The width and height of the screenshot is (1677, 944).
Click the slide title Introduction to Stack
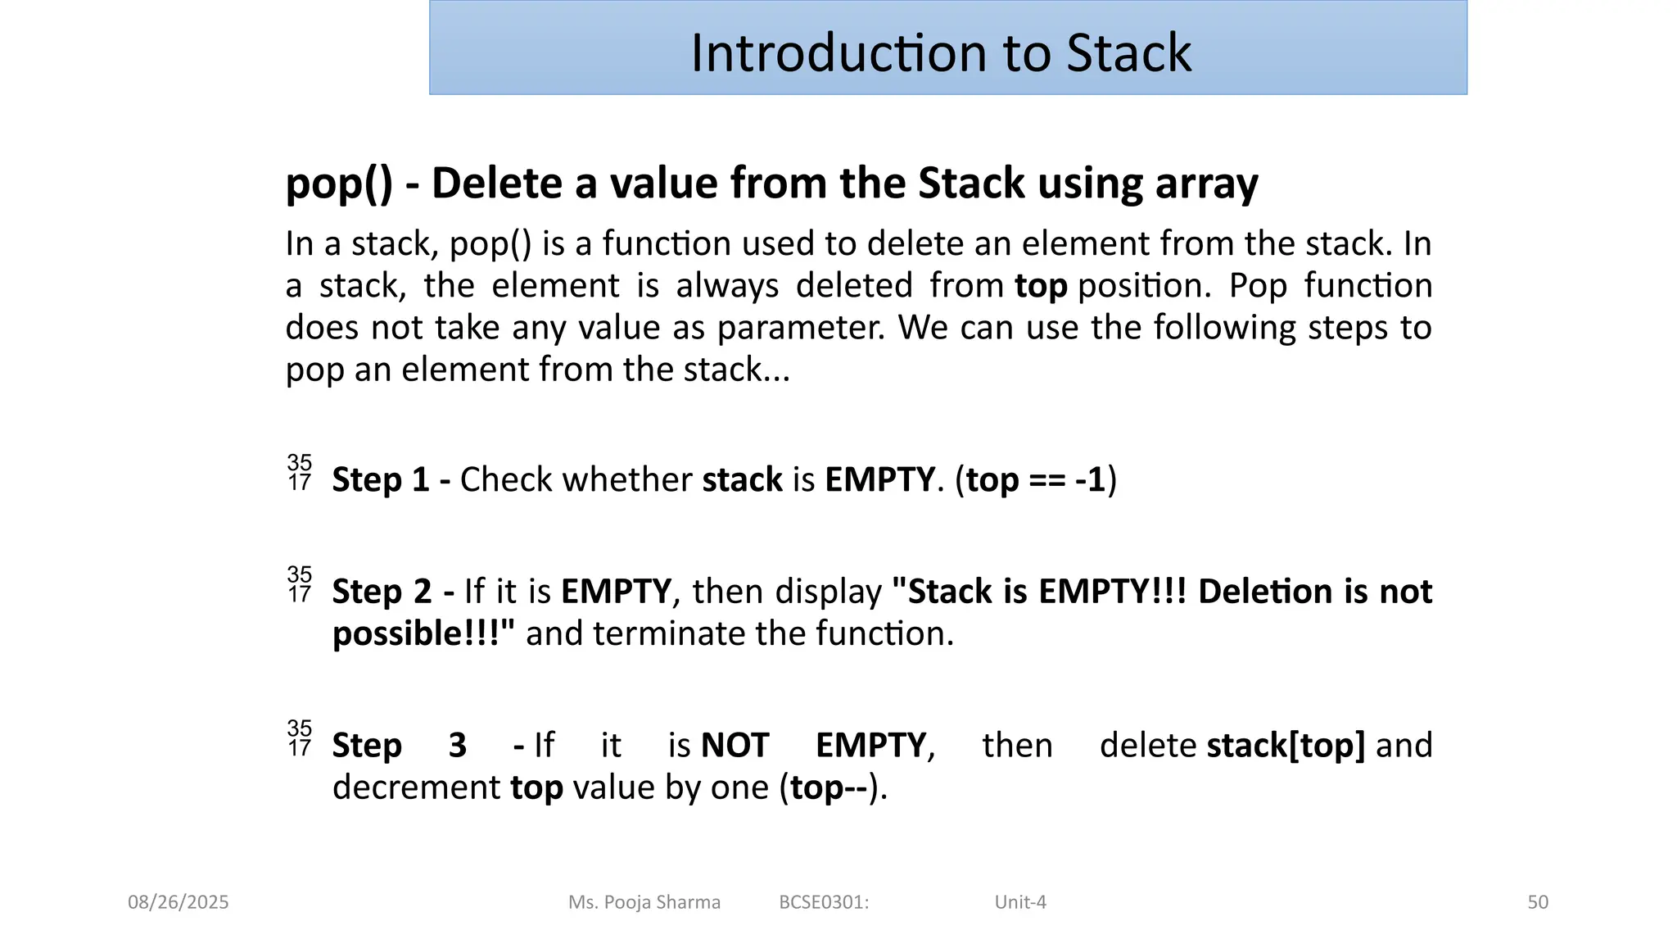coord(940,52)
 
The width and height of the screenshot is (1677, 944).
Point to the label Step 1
coord(381,480)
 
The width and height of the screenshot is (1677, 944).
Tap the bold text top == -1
coord(1036,480)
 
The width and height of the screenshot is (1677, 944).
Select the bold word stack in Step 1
coord(742,480)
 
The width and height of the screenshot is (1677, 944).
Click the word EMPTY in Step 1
coord(879,480)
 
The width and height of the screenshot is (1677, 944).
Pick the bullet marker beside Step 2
coord(300,584)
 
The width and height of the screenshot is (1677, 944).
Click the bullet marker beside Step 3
coord(300,738)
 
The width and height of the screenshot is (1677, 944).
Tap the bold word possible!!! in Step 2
coord(423,634)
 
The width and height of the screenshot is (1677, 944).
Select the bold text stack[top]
coord(1286,746)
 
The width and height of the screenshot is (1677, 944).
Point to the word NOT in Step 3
coord(735,746)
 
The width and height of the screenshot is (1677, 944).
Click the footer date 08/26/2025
coord(178,902)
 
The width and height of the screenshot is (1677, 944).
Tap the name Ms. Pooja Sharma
coord(644,902)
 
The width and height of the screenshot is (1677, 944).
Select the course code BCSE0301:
coord(824,902)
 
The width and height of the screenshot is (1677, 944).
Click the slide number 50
coord(1538,902)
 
